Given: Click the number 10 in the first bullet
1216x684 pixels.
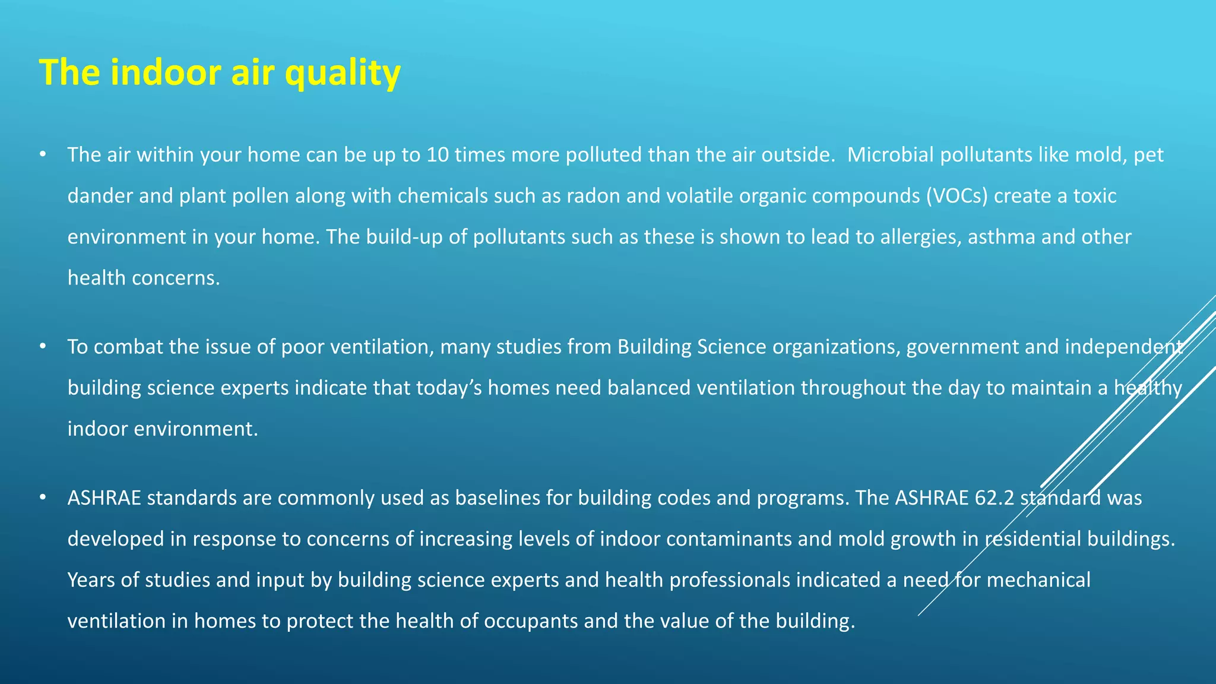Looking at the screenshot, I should pos(438,155).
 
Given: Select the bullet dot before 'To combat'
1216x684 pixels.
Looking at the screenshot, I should pos(42,346).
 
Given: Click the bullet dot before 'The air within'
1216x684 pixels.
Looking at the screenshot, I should pos(42,154).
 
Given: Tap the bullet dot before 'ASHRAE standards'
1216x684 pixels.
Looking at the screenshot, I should pos(42,497).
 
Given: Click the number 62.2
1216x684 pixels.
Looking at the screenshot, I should pos(995,498).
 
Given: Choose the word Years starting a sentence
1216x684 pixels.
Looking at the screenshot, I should pos(91,580).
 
